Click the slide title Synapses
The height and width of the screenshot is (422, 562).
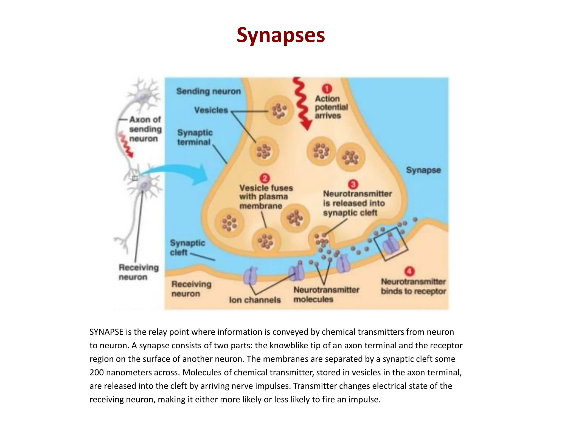coord(281,35)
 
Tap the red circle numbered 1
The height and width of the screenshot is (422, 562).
coord(327,89)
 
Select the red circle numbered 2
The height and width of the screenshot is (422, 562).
coord(265,179)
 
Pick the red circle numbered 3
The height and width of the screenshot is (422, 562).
coord(353,184)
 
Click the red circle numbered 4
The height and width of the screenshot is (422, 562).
coord(409,271)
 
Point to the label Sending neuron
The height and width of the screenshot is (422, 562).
coord(208,91)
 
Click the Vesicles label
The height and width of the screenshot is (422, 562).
coord(211,110)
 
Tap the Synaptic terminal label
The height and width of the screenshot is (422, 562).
coord(195,137)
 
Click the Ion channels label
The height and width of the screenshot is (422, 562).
coord(255,300)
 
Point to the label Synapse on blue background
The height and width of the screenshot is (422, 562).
coord(423,170)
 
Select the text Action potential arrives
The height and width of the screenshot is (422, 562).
coord(331,107)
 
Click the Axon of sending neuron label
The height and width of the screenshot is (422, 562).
coord(145,129)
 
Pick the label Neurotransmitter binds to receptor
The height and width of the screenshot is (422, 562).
coord(413,286)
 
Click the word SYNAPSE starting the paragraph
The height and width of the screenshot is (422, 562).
coord(106,332)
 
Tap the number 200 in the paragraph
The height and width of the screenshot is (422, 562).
coord(97,373)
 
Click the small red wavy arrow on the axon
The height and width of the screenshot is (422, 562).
coord(125,144)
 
